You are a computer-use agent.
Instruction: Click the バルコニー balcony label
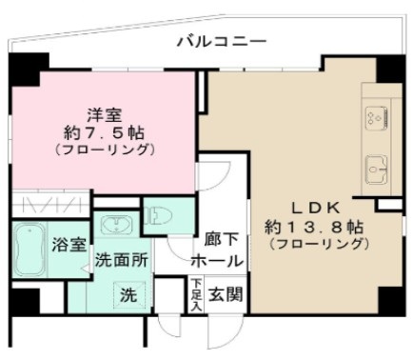coord(221,41)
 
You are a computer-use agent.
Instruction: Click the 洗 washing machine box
coord(126,295)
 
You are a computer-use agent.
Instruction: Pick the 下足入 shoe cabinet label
coord(195,293)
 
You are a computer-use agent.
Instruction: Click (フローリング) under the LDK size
coord(317,245)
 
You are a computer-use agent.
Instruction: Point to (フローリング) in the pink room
coord(105,150)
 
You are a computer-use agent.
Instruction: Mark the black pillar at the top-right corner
coord(390,70)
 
